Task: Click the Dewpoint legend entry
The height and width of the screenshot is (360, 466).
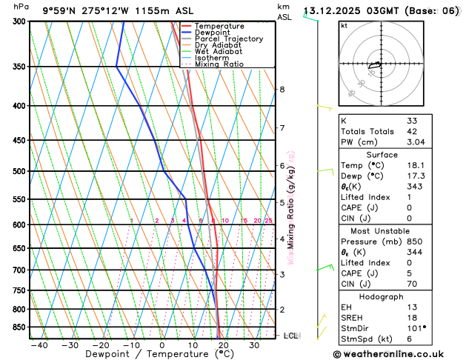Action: click(x=213, y=33)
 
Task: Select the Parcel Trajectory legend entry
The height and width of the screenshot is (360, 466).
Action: click(x=228, y=39)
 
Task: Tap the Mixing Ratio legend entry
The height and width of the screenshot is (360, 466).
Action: click(x=219, y=64)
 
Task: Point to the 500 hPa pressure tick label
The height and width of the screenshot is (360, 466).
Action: click(x=19, y=171)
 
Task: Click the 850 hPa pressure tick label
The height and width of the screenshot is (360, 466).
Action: click(x=19, y=327)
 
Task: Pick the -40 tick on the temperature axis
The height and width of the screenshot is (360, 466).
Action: click(x=39, y=345)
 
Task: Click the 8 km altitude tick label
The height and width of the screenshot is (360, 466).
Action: click(x=282, y=90)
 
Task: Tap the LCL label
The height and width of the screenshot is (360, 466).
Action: click(x=290, y=336)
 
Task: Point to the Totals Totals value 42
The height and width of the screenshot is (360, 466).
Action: click(x=412, y=131)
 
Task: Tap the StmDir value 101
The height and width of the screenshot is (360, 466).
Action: click(x=416, y=327)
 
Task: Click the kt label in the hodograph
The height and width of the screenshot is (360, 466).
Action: click(x=344, y=25)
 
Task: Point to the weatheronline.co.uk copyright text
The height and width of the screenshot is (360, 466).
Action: click(x=396, y=354)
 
